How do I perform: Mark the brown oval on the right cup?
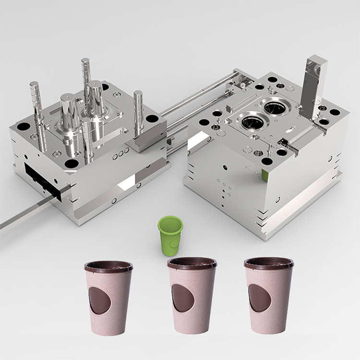[x=259, y=298]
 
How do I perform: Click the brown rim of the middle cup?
[x=192, y=264]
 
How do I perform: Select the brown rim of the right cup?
[x=268, y=264]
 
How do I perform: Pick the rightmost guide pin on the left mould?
[x=138, y=113]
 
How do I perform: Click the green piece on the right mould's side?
[x=265, y=174]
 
